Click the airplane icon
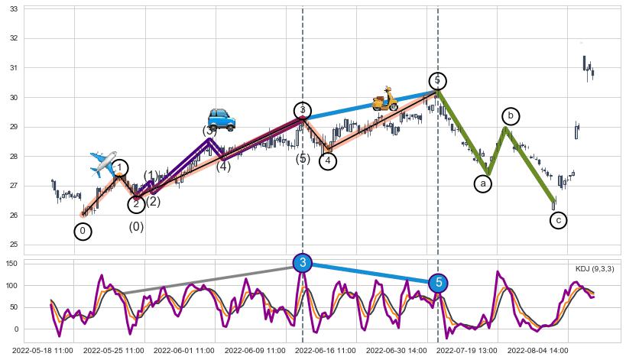click(x=102, y=163)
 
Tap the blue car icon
click(x=222, y=118)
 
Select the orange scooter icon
click(x=384, y=99)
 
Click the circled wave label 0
click(x=83, y=231)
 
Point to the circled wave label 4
click(x=328, y=161)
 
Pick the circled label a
click(x=483, y=183)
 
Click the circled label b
click(x=511, y=116)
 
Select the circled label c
click(x=559, y=220)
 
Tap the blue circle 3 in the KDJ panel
click(x=303, y=263)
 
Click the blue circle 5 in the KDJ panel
click(x=438, y=283)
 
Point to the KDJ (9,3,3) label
click(x=595, y=269)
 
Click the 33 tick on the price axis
click(x=14, y=8)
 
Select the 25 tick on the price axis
click(x=14, y=245)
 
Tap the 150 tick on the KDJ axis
click(x=11, y=263)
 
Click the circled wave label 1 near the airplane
click(x=120, y=168)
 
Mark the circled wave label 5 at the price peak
click(x=437, y=80)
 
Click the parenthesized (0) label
click(x=136, y=226)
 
